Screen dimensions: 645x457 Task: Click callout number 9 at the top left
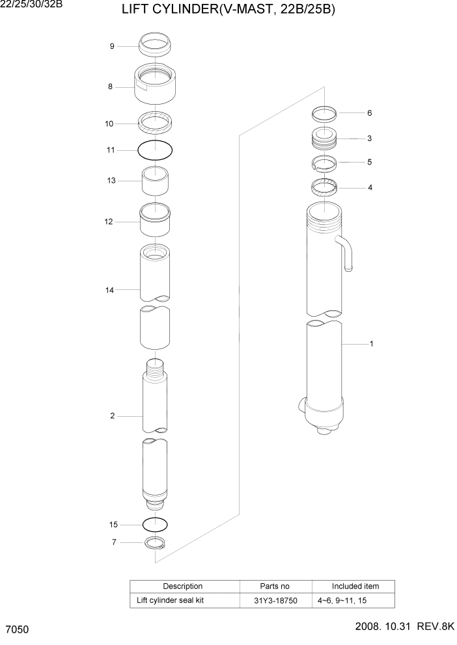(x=112, y=46)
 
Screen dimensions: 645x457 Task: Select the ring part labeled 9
(x=156, y=46)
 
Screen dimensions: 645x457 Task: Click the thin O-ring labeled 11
(x=156, y=150)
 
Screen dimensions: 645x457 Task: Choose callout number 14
(x=110, y=290)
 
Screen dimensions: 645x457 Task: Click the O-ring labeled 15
(x=156, y=523)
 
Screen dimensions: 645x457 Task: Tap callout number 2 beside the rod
(x=112, y=415)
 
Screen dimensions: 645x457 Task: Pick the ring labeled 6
(x=324, y=114)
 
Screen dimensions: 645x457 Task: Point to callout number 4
(x=370, y=188)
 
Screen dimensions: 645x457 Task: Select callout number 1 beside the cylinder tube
(x=371, y=344)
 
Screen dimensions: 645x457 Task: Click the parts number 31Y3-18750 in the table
(x=276, y=600)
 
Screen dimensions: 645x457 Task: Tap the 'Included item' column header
(x=355, y=586)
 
